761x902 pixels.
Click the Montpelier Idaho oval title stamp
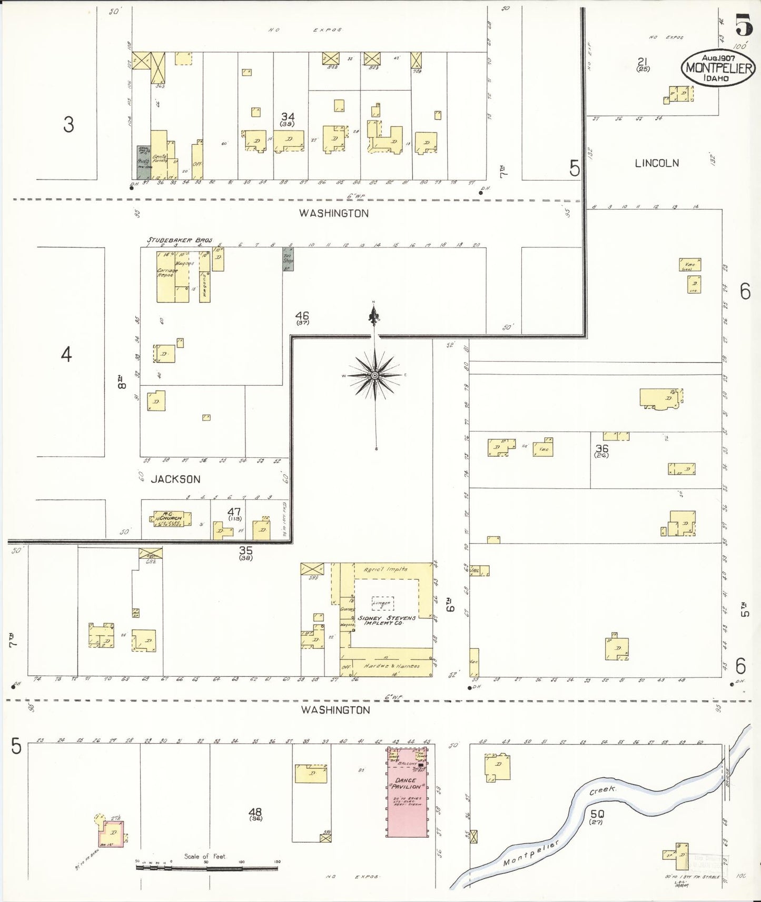[x=718, y=68]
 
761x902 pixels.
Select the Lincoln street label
[x=657, y=163]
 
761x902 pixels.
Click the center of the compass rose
[x=374, y=375]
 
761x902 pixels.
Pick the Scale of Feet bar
[x=208, y=867]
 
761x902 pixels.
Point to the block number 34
[x=288, y=116]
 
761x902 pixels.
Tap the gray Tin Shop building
[x=288, y=259]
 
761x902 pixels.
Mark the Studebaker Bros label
[x=179, y=240]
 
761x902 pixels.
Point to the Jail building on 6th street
[x=480, y=570]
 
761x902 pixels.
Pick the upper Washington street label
[x=334, y=213]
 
